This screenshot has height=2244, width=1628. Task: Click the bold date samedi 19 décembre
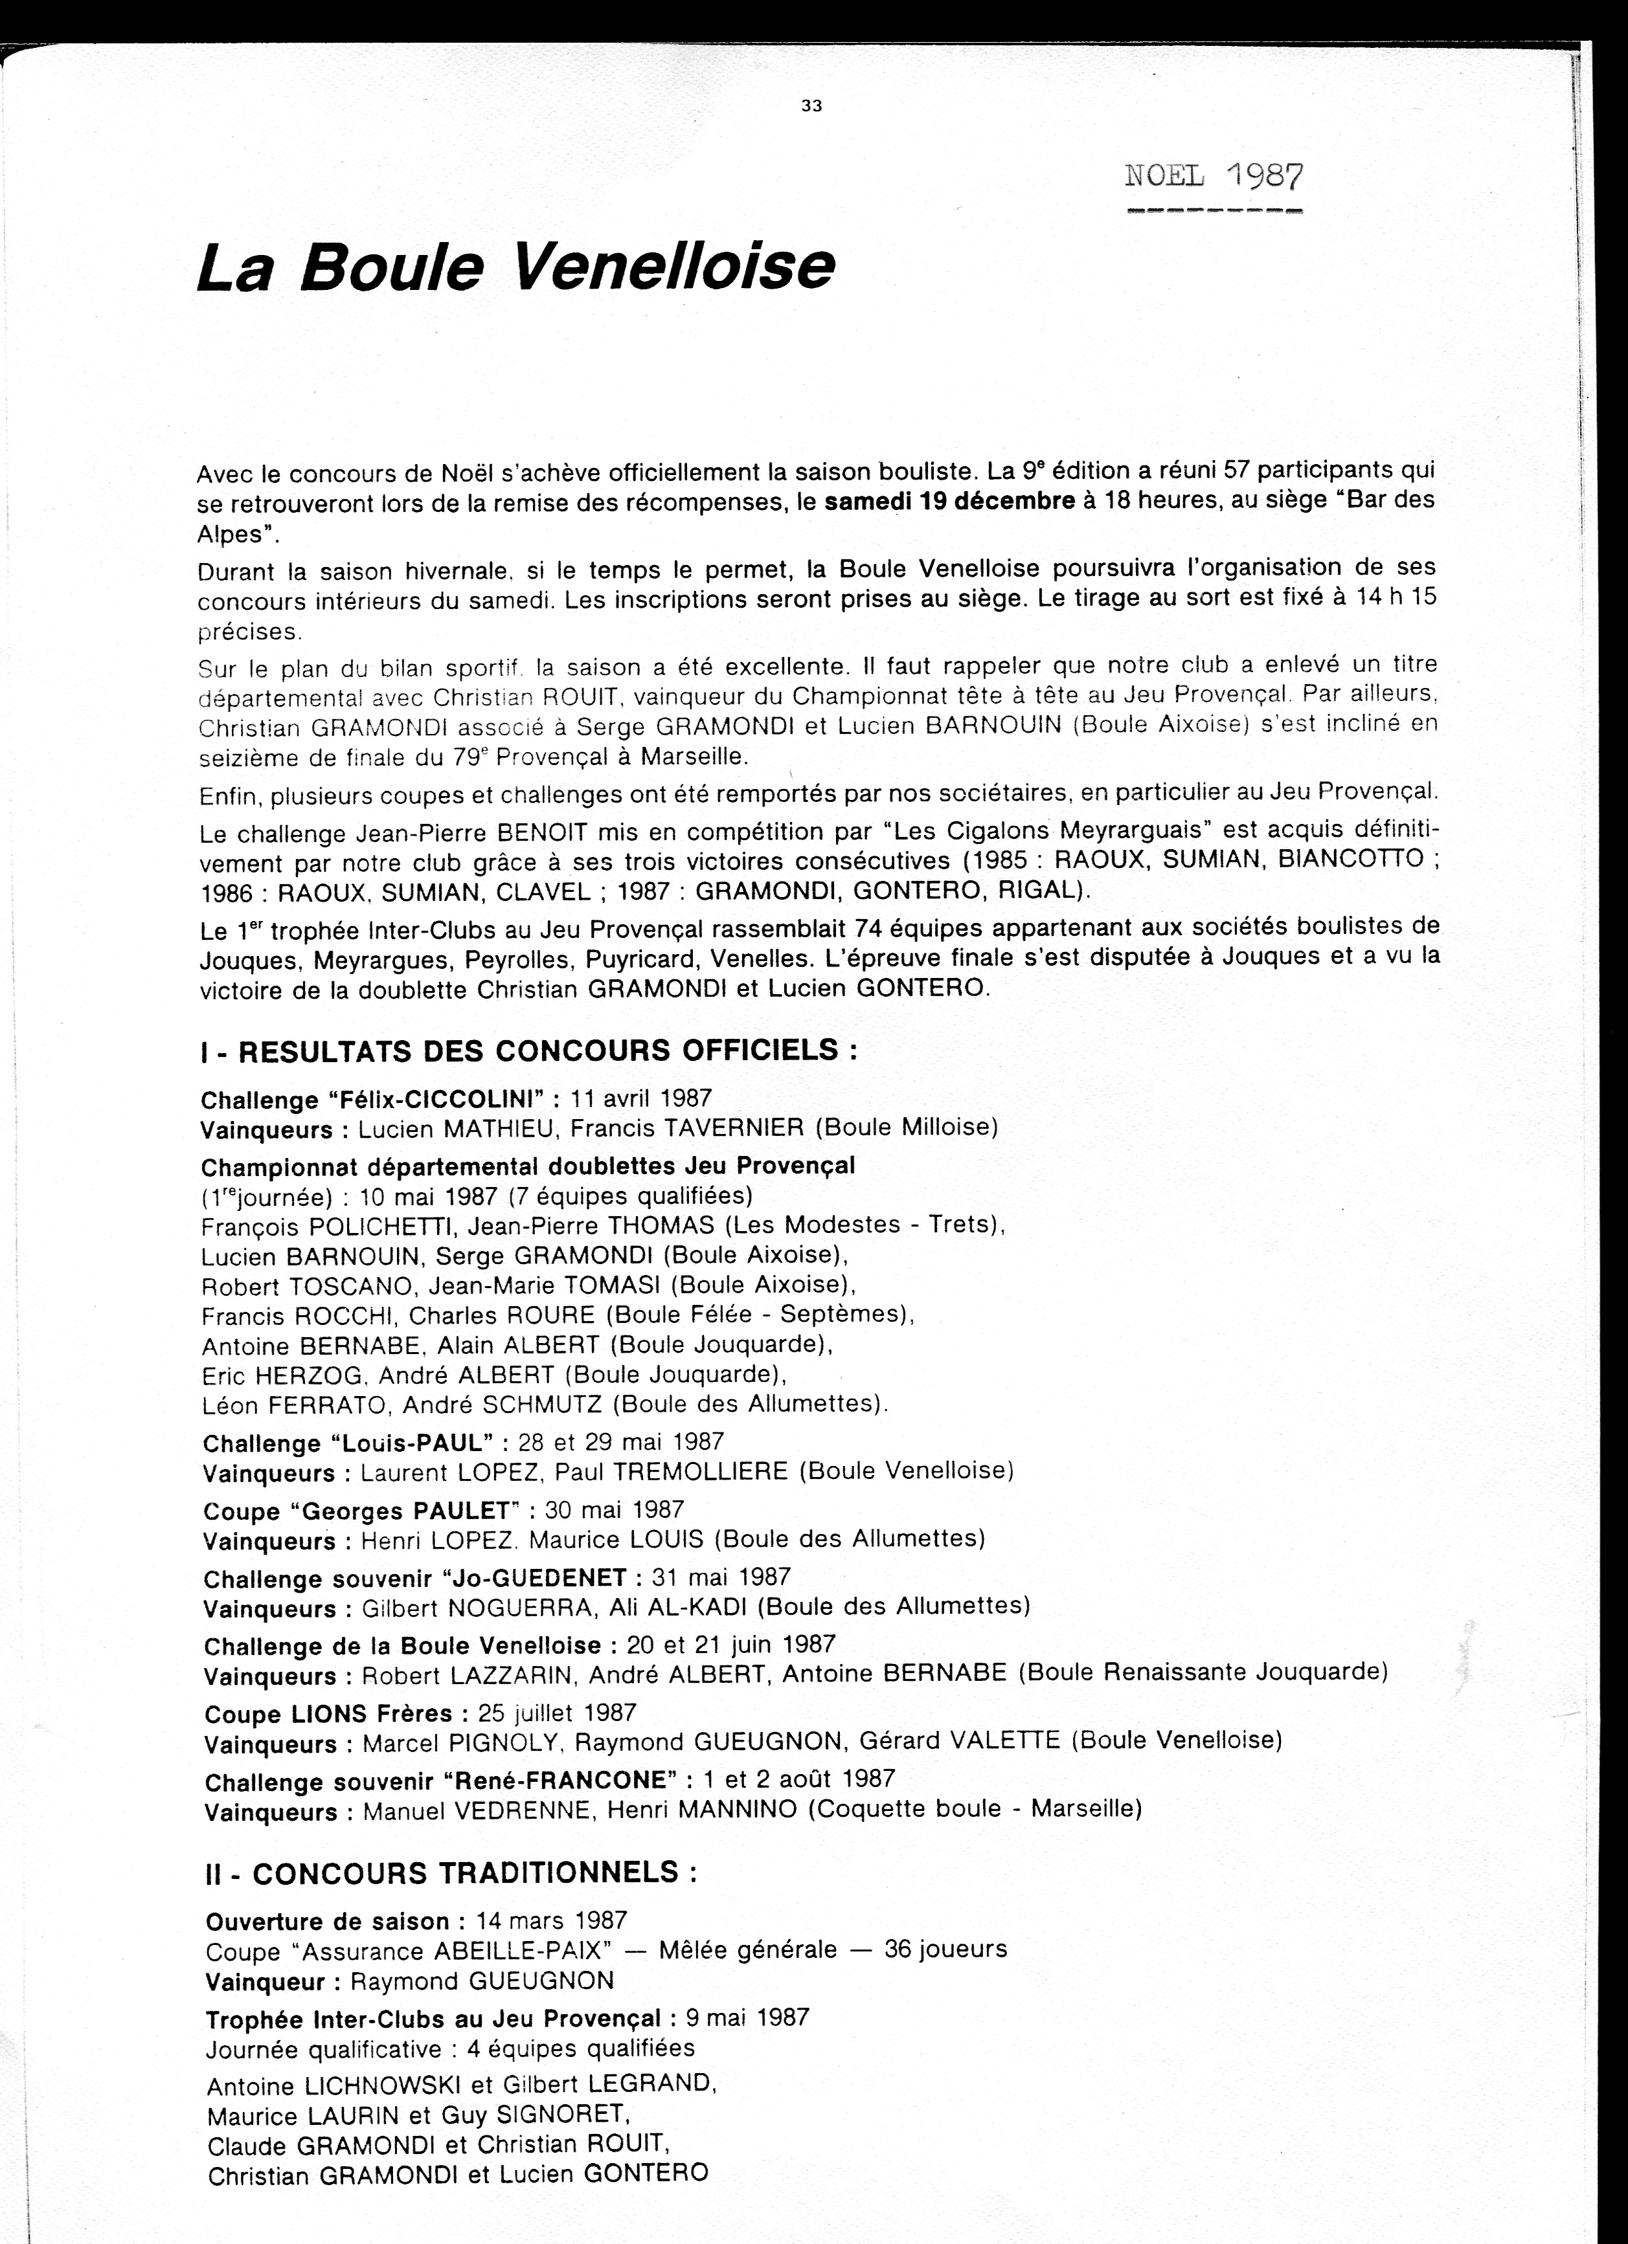(x=949, y=501)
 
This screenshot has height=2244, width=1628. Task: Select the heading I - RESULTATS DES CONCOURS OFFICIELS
(x=528, y=1050)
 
